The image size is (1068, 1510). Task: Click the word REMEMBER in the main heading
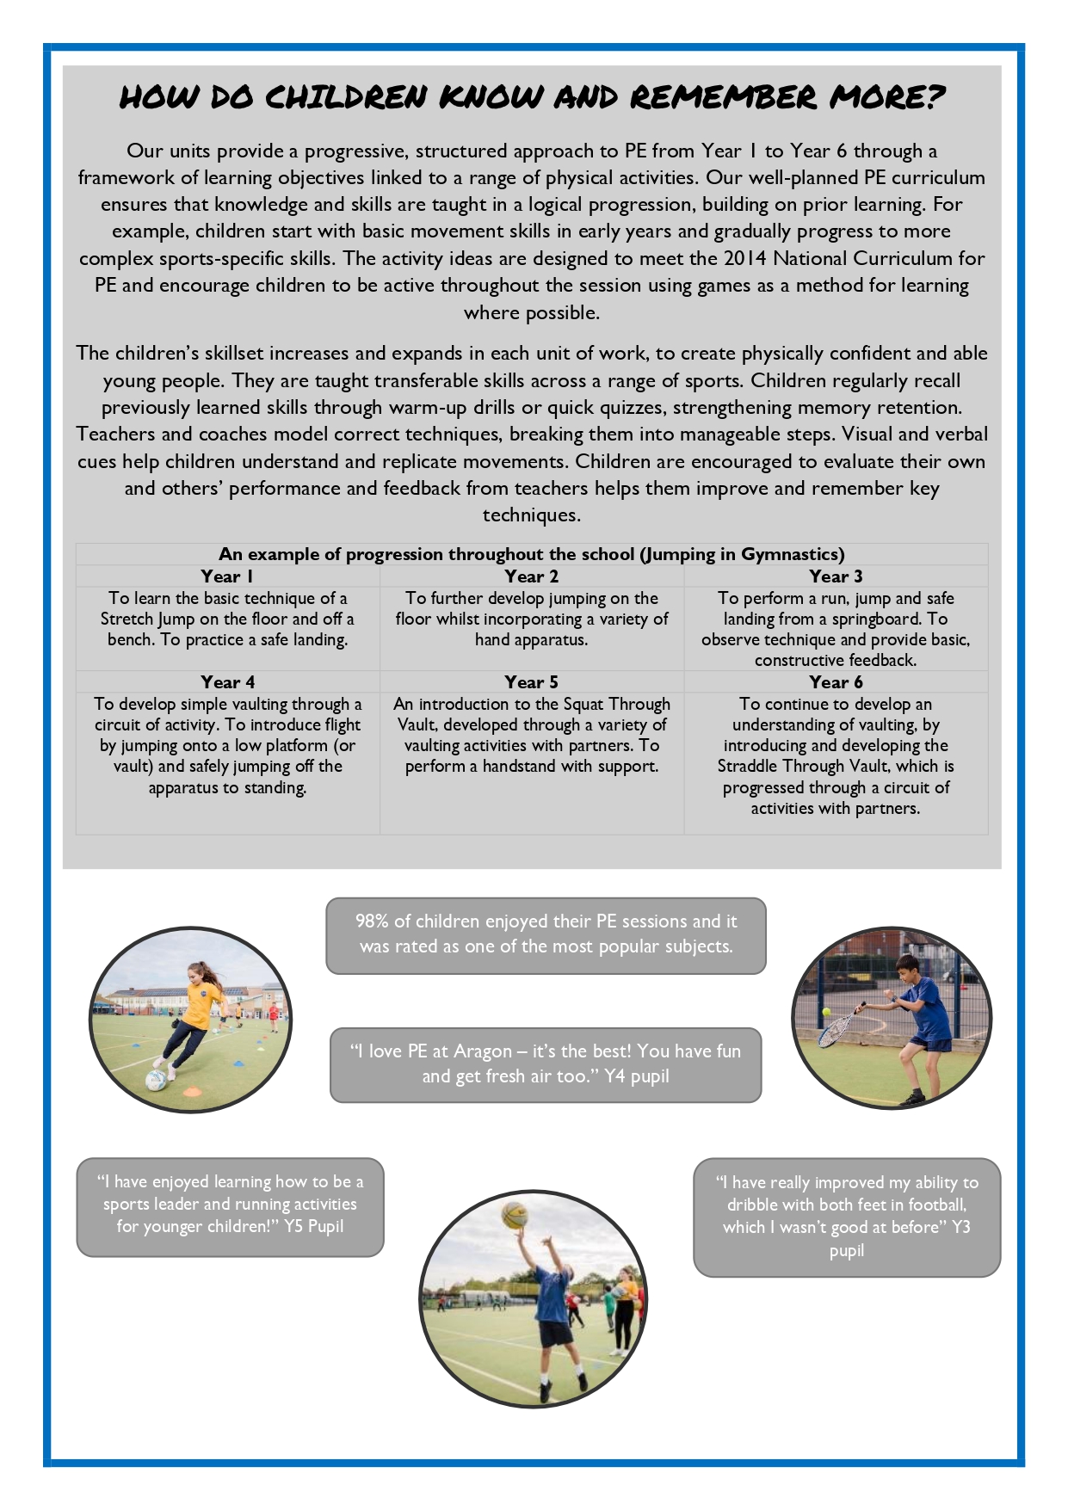723,97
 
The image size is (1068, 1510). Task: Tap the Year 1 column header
227,576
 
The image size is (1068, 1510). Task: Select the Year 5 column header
531,682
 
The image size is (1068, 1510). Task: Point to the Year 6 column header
836,682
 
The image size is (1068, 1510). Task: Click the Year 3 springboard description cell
836,629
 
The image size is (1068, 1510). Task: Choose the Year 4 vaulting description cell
227,745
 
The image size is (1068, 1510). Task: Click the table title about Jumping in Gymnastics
531,554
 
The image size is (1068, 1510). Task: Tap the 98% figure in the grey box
372,921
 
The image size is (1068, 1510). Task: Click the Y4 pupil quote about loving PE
546,1063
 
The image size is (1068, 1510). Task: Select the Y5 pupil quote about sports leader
230,1204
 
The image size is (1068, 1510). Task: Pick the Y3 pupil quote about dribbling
847,1216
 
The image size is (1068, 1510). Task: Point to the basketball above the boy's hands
515,1214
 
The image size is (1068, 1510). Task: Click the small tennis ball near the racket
827,1013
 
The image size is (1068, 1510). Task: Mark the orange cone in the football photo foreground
193,1092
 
